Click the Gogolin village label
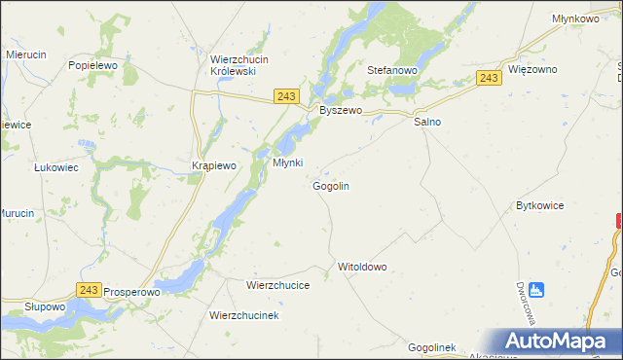point(331,185)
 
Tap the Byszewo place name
point(341,111)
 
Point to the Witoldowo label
point(362,266)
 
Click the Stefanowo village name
point(391,71)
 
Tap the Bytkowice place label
point(540,206)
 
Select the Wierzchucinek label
point(244,316)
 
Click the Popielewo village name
point(93,65)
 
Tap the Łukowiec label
point(56,167)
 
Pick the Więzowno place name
point(531,70)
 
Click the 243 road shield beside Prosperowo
point(90,291)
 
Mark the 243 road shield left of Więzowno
point(490,78)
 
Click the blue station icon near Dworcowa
point(537,289)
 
